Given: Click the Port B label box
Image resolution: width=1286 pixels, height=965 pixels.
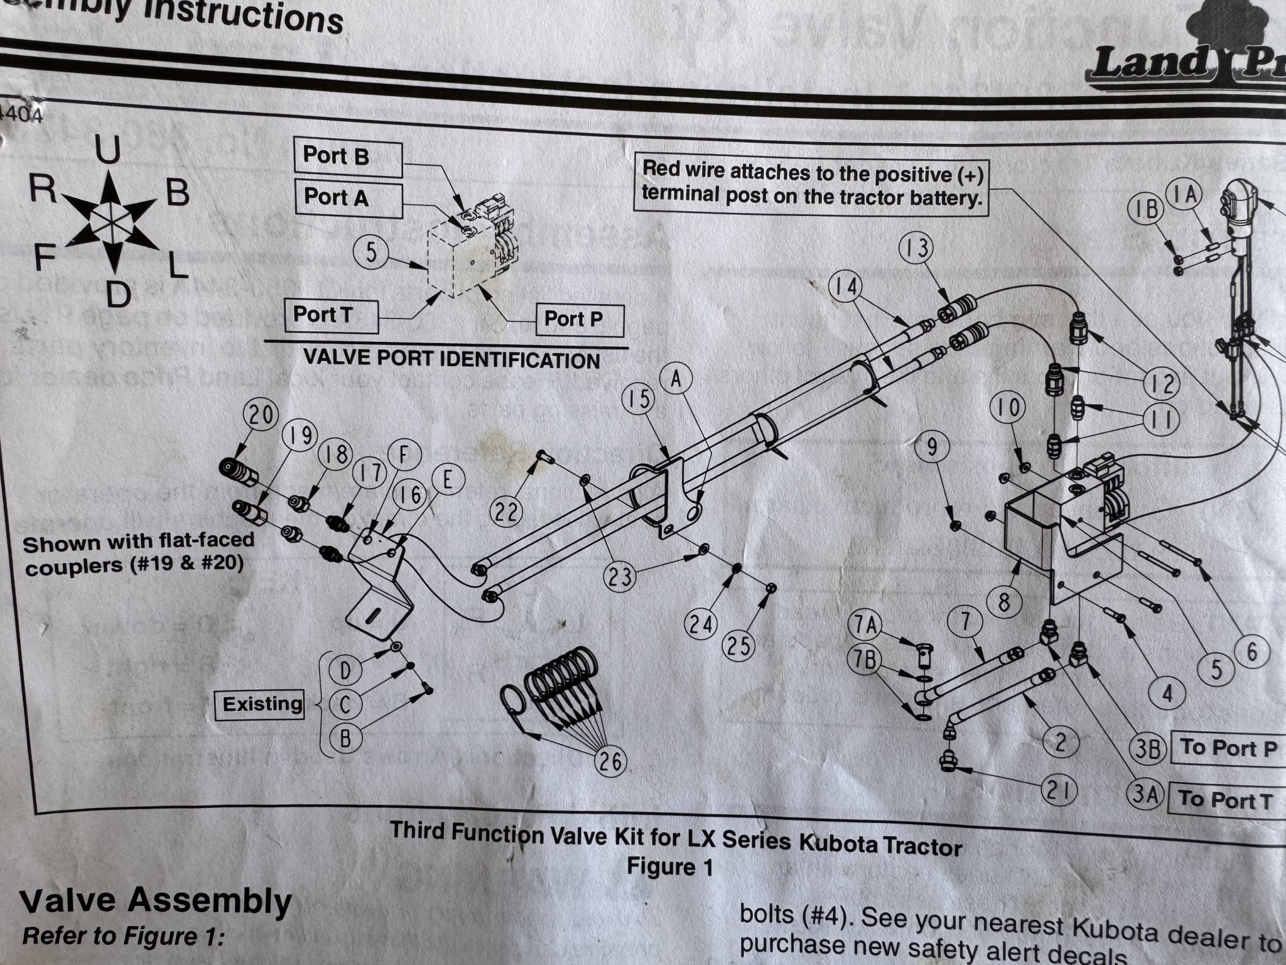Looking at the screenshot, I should coord(347,158).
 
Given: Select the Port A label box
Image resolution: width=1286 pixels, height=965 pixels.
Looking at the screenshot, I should coord(348,199).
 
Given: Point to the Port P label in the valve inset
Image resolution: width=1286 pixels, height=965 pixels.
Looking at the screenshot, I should coord(579,320).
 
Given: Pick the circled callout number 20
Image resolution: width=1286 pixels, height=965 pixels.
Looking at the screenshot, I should coord(261,417).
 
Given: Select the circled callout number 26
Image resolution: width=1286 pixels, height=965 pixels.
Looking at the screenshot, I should coord(609,761).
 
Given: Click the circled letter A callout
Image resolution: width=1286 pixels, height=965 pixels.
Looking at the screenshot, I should coord(676,381).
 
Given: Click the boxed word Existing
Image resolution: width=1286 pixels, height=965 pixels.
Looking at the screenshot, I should coord(261,704).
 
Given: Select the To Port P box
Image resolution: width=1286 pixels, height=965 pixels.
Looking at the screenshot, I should coord(1228,748).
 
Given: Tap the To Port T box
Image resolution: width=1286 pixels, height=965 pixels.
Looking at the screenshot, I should coord(1225,801).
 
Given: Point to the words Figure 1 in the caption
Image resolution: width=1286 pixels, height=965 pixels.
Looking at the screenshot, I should coord(670,868).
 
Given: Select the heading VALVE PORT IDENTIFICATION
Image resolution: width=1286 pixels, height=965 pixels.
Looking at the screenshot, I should coord(451,360).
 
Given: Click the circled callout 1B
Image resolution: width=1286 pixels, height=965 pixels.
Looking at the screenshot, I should coord(1147,209).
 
